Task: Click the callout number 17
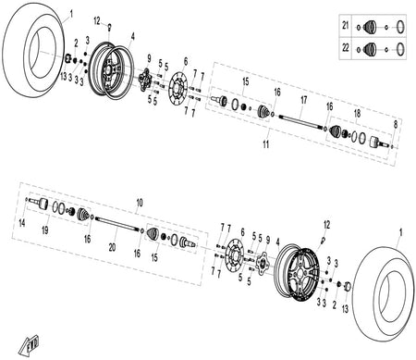coord(304,100)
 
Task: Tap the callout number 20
coord(112,247)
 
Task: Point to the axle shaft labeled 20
coord(117,223)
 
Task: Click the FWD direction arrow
coord(30,344)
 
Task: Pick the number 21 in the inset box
coord(346,25)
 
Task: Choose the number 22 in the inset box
coord(346,48)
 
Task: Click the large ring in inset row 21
coord(400,27)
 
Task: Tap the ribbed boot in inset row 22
coord(370,50)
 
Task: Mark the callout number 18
coord(357,114)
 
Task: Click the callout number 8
coord(396,124)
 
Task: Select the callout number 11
coord(266,144)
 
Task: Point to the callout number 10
coord(140,203)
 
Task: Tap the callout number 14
coord(22,223)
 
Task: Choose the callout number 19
coord(45,230)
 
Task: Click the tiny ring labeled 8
coord(392,147)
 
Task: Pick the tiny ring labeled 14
coord(27,199)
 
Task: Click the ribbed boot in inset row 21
coord(370,27)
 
